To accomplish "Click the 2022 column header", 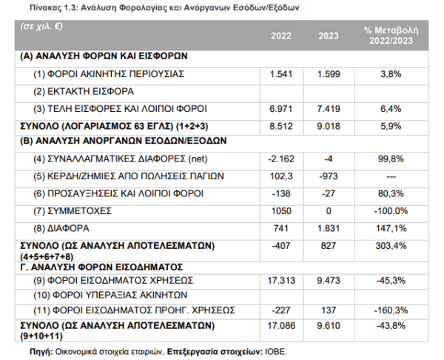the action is [x=281, y=36].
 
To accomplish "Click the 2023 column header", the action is [x=329, y=36].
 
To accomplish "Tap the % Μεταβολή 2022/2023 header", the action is [x=391, y=36].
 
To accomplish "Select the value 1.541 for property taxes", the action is [x=281, y=74].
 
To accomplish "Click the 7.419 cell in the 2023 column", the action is [x=329, y=109].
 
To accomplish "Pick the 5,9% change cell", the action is [x=391, y=126].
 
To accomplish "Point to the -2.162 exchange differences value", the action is [x=281, y=159].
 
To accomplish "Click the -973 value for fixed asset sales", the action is [x=329, y=176].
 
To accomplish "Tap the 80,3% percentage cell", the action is [x=391, y=193].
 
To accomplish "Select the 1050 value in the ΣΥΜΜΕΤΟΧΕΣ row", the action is [x=281, y=211].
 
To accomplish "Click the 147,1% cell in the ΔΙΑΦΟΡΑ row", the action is [x=391, y=228].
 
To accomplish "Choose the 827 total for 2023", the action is [x=329, y=245].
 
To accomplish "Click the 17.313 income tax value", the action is [x=281, y=281].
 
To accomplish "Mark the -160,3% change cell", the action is [x=391, y=310].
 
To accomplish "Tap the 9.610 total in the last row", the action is [x=329, y=326].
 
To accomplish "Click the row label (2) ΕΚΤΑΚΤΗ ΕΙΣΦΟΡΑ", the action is [x=84, y=92].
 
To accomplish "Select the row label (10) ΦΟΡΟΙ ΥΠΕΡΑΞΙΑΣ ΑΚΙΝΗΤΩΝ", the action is [x=110, y=295].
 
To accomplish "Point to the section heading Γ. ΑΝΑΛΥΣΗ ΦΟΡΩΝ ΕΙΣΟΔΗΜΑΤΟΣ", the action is [x=101, y=267].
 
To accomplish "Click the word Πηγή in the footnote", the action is [x=41, y=352].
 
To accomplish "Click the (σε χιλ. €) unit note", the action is [x=41, y=27].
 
